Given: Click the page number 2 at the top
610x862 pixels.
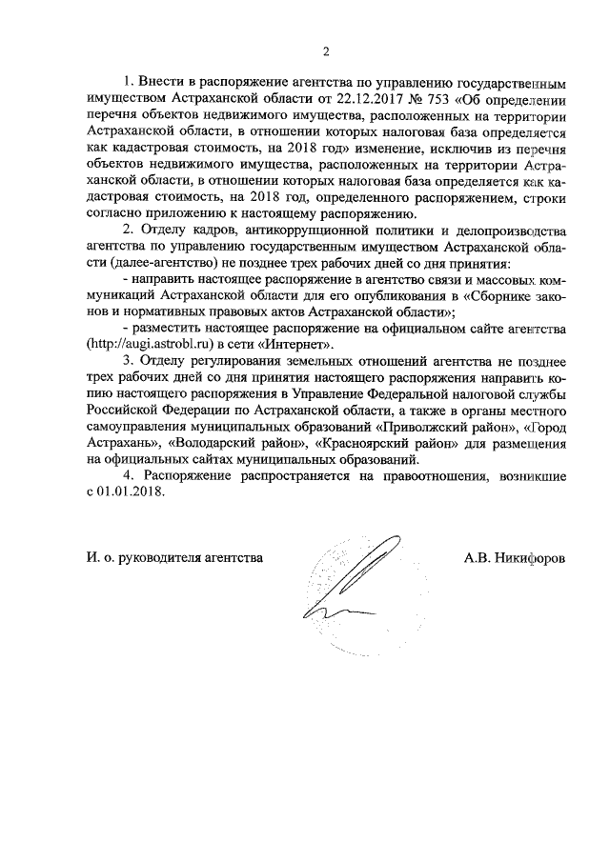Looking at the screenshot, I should pos(326,50).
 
